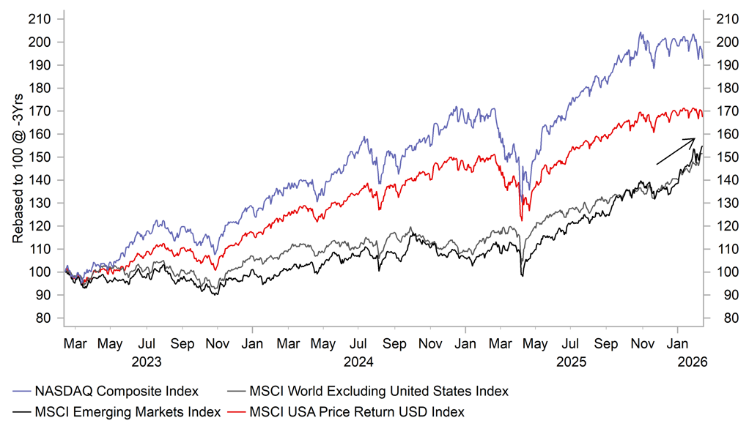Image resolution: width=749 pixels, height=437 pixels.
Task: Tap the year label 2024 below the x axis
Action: pyautogui.click(x=358, y=362)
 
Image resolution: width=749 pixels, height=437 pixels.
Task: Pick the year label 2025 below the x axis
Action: pyautogui.click(x=572, y=362)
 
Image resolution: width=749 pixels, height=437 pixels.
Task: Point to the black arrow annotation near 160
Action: pyautogui.click(x=675, y=151)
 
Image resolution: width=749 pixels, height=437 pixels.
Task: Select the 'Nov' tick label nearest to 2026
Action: pyautogui.click(x=643, y=343)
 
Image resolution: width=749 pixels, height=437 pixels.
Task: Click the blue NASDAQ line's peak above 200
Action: pyautogui.click(x=640, y=33)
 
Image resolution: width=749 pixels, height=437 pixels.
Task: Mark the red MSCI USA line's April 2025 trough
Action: pyautogui.click(x=521, y=220)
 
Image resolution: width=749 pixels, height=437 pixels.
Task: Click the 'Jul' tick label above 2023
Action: pyautogui.click(x=147, y=343)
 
